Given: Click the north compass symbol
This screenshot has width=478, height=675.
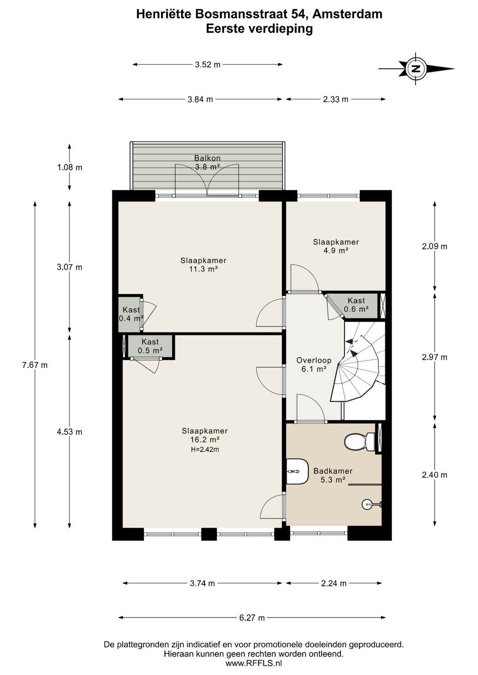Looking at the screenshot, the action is point(416,69).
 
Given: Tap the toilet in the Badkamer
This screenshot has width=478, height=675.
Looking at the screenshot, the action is point(359,441).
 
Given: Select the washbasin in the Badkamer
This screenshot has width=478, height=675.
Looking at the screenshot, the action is point(297,471).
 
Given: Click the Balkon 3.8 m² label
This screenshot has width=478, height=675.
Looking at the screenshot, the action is point(207,162).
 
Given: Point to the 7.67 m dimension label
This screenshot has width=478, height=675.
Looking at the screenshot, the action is point(35,365).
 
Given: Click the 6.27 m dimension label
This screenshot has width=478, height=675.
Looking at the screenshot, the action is point(252,618).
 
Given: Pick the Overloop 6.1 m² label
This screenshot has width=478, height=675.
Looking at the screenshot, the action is point(314,364).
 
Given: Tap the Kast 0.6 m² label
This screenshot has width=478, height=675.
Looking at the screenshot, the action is point(356,305).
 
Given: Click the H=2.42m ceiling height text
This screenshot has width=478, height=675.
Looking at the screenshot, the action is point(205,449).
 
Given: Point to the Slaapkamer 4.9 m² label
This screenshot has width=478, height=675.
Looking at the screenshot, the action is point(335,246).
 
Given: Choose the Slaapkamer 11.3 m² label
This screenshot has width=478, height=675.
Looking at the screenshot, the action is point(203,265).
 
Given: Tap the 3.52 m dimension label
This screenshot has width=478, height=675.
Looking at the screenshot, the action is point(208,65).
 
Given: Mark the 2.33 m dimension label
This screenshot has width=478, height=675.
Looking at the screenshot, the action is point(335,99).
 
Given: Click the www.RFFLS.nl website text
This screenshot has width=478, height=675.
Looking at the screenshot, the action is point(254,663).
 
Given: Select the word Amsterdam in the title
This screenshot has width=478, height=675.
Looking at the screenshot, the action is point(347,14).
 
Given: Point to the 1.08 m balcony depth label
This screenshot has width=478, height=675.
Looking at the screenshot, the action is point(69,167).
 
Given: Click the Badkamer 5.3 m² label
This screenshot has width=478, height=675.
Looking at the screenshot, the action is point(333,475).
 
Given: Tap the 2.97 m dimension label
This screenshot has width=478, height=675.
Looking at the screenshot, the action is point(435,357).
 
